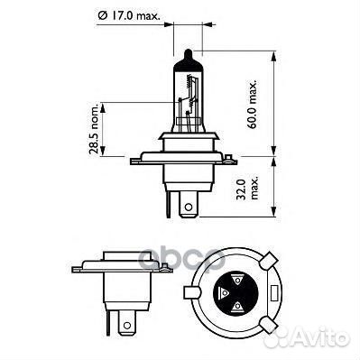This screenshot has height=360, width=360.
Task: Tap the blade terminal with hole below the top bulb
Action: pyautogui.click(x=187, y=208)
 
